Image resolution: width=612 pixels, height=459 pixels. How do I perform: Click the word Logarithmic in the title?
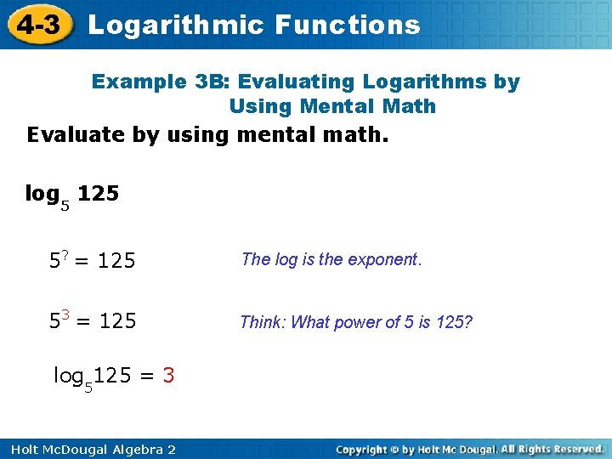175,25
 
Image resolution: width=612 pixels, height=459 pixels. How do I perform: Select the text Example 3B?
161,82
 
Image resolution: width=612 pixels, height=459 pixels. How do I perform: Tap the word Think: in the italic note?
263,321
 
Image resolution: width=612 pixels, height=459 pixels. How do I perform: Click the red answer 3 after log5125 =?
168,375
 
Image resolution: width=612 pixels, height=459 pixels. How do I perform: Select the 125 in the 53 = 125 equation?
117,322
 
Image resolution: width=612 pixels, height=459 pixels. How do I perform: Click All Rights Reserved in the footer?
552,449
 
